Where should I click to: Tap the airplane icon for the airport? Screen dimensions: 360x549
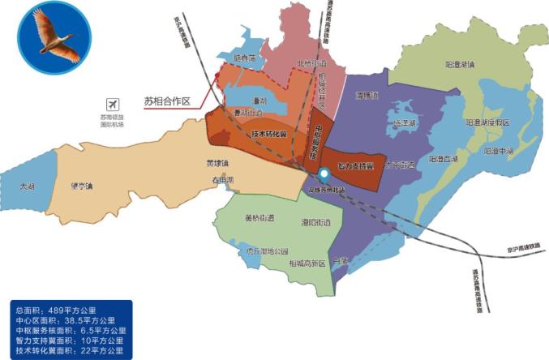coord(112,105)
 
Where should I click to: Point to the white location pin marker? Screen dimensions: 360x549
coord(324,174)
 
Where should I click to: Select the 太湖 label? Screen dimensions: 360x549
coord(29,186)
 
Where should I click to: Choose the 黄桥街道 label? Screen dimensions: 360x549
coord(259,217)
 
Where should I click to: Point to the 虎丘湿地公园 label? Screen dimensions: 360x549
coord(267,251)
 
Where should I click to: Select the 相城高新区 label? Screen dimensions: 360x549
coord(304,264)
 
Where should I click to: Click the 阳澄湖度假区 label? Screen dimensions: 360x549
coord(488,122)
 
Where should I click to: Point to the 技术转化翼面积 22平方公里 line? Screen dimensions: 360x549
coord(70,350)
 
